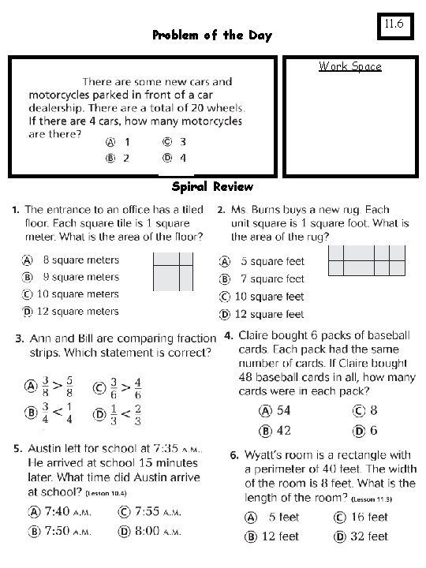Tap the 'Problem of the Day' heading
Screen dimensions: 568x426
211,35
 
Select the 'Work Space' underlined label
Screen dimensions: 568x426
349,66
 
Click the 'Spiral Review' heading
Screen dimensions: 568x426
212,187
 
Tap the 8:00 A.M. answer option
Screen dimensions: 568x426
153,532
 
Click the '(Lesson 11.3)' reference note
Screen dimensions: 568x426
373,500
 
